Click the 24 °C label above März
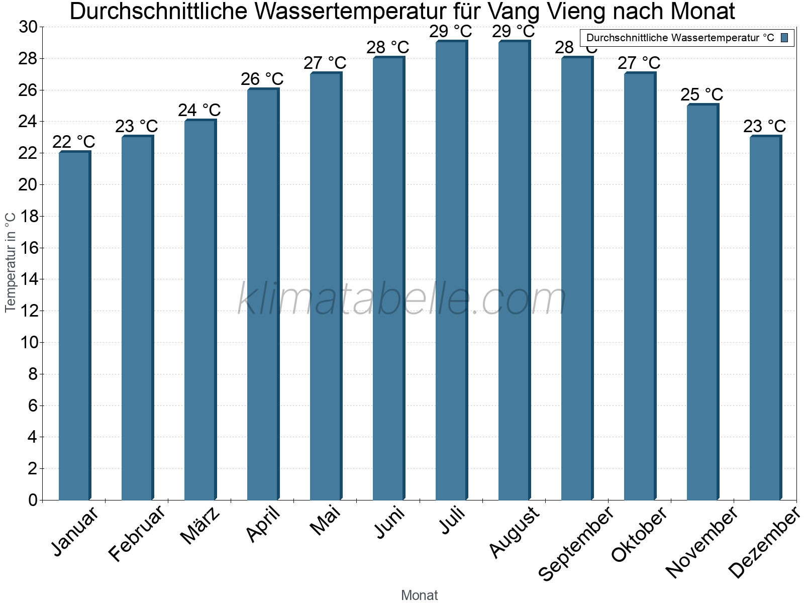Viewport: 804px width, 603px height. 199,110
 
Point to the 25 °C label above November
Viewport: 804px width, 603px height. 702,94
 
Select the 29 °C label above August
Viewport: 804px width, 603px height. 514,32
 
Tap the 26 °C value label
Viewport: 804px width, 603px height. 262,79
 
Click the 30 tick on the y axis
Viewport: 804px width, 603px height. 28,27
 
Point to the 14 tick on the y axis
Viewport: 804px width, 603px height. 28,279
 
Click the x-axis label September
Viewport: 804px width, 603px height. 576,543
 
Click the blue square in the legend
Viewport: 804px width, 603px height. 784,38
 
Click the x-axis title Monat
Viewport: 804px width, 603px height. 419,595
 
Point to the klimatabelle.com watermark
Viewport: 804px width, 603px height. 402,299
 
